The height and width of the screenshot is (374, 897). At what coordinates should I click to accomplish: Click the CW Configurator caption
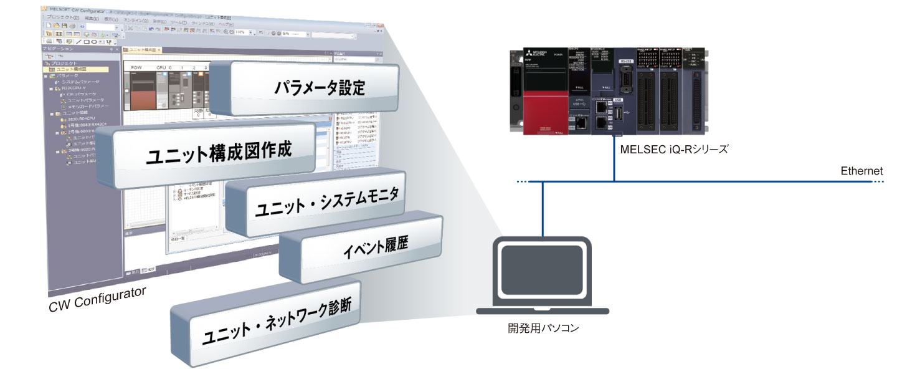pos(97,300)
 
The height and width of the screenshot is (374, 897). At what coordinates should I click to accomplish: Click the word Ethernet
pos(861,171)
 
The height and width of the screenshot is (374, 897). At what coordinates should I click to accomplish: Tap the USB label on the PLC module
pos(618,100)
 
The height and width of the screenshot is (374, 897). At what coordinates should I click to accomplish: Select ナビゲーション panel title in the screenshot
pos(59,49)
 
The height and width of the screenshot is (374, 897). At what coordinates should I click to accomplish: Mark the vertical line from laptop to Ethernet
pos(543,208)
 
